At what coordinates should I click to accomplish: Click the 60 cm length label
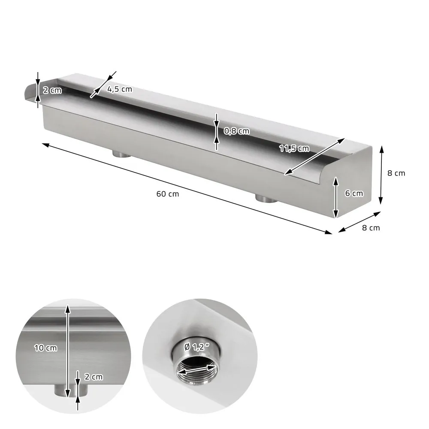click(x=167, y=194)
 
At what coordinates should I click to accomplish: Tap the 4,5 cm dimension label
click(x=120, y=90)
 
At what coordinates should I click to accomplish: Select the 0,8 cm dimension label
click(x=237, y=131)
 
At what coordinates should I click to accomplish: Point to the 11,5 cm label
click(x=294, y=148)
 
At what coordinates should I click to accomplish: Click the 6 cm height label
click(x=354, y=193)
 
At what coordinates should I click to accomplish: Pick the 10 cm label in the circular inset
click(x=46, y=348)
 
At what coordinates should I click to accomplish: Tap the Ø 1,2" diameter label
click(x=197, y=347)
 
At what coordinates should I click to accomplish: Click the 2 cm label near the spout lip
click(x=52, y=90)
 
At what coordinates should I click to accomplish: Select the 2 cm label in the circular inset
click(x=94, y=377)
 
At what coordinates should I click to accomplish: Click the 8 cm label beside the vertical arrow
click(x=396, y=173)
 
